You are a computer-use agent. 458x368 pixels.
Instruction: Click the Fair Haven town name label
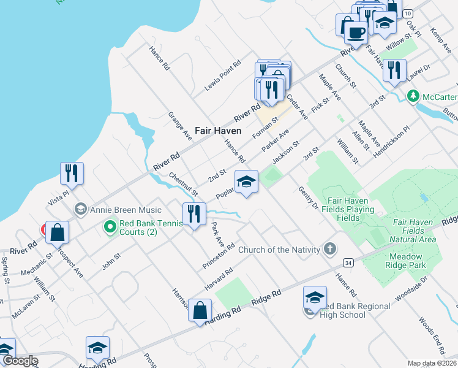[x=218, y=131]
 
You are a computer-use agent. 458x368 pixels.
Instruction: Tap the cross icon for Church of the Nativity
[x=330, y=249]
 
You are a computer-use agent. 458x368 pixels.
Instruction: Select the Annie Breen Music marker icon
[x=80, y=210]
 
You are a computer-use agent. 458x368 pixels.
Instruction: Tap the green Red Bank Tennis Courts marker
[x=110, y=228]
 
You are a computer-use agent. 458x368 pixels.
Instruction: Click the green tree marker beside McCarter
[x=413, y=96]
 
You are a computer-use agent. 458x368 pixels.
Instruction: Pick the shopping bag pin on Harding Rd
[x=200, y=310]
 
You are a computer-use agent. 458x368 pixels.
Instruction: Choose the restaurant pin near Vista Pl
[x=72, y=173]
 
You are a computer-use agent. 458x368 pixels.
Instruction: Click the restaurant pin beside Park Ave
[x=194, y=214]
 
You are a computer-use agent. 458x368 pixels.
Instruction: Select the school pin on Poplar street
[x=246, y=182]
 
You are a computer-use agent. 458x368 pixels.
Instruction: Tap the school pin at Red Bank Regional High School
[x=315, y=297]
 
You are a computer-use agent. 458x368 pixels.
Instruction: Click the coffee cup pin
[x=357, y=31]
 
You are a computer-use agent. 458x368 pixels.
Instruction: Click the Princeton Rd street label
[x=219, y=256]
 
